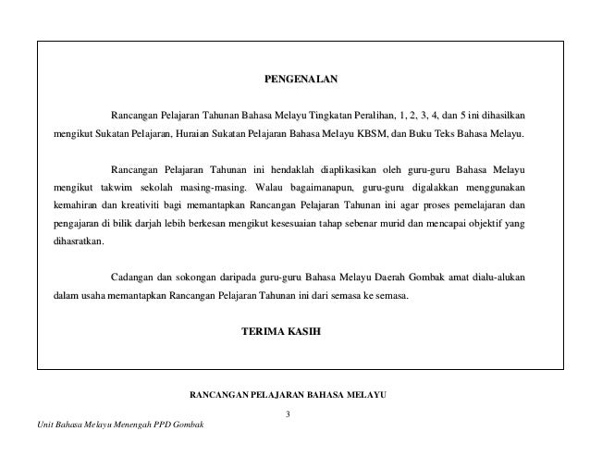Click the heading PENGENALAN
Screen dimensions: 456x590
(296, 80)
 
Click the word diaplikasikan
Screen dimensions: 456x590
(347, 170)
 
